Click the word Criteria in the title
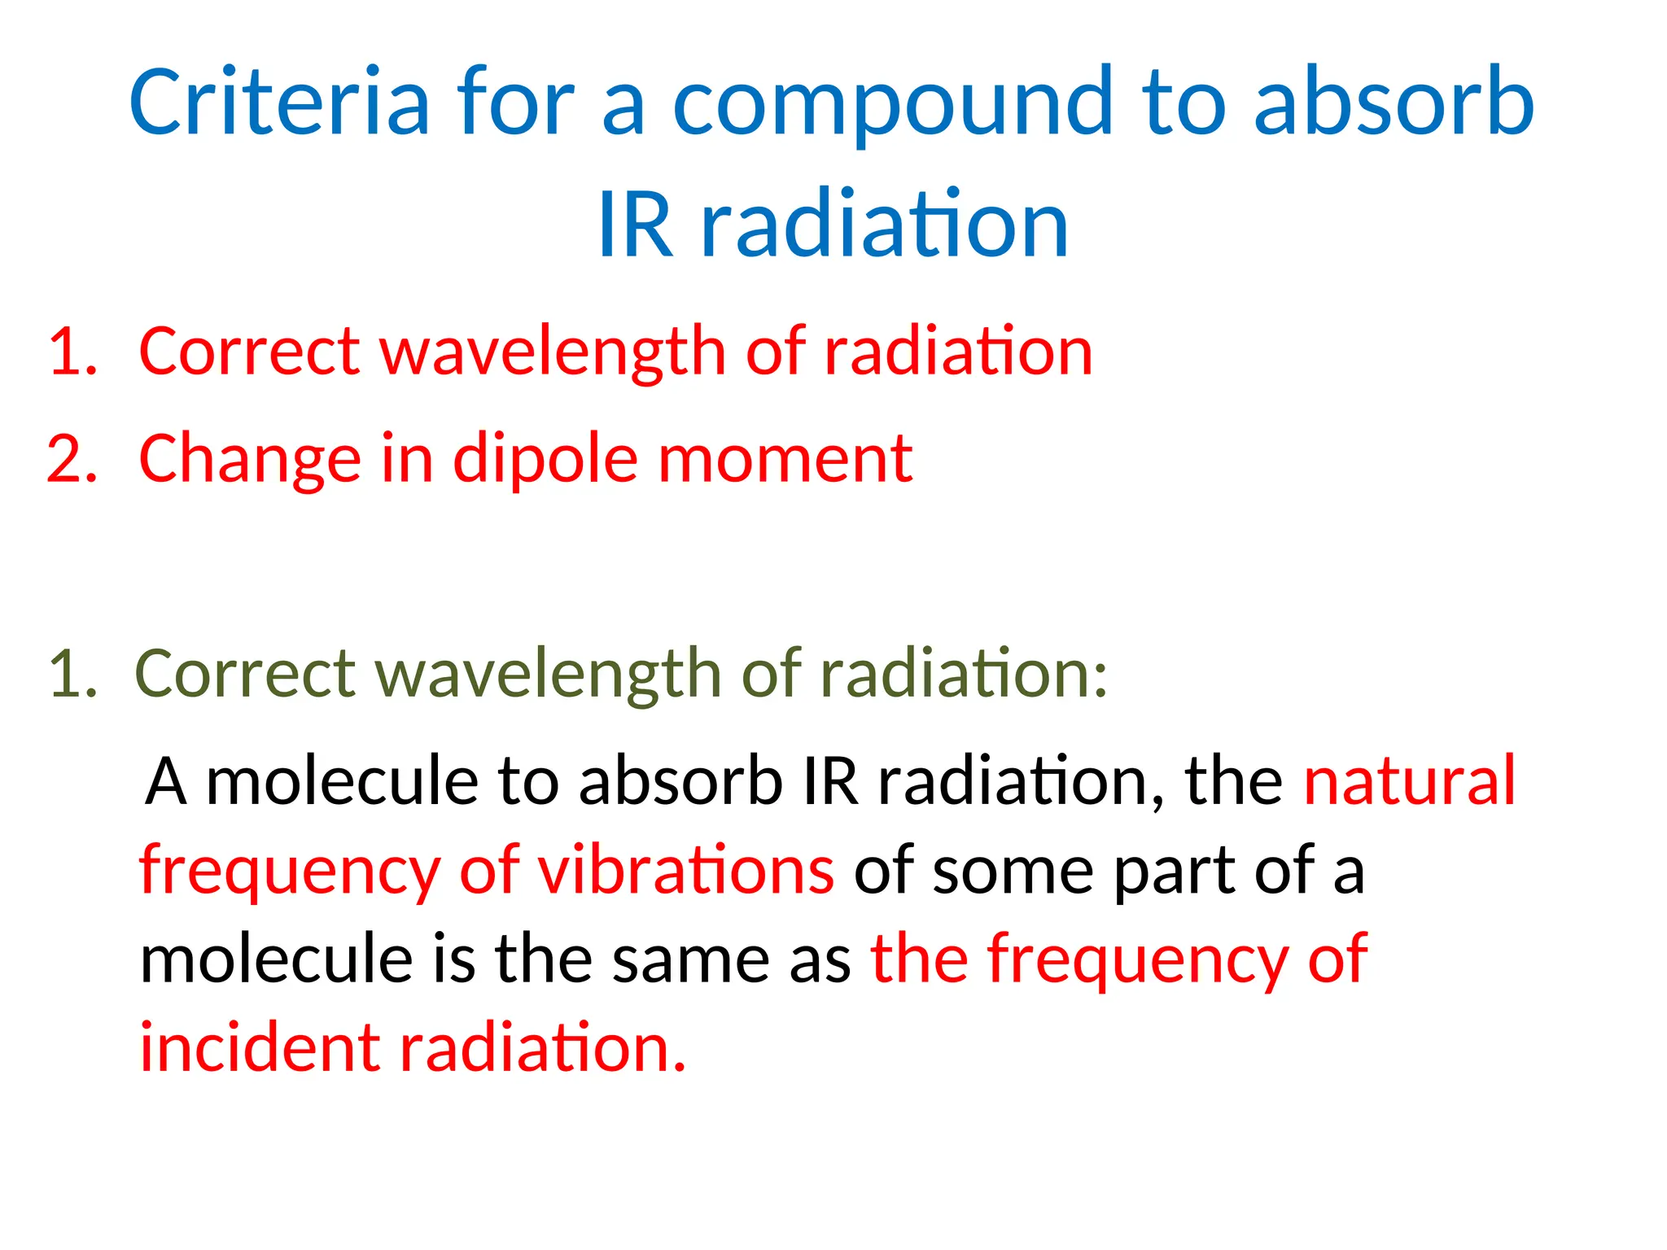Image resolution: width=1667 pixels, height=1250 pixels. point(278,102)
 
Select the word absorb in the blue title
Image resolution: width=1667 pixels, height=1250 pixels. point(1394,102)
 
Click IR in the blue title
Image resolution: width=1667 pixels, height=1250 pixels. point(635,225)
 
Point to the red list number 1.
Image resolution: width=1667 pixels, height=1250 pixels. point(72,352)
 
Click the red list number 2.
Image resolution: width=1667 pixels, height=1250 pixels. point(72,459)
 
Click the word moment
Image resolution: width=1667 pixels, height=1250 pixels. point(785,459)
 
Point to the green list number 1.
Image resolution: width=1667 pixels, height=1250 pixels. point(72,674)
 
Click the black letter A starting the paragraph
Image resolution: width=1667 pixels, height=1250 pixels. point(166,781)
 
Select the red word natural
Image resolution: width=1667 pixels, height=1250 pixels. point(1409,781)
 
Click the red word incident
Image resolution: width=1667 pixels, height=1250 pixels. point(259,1048)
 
